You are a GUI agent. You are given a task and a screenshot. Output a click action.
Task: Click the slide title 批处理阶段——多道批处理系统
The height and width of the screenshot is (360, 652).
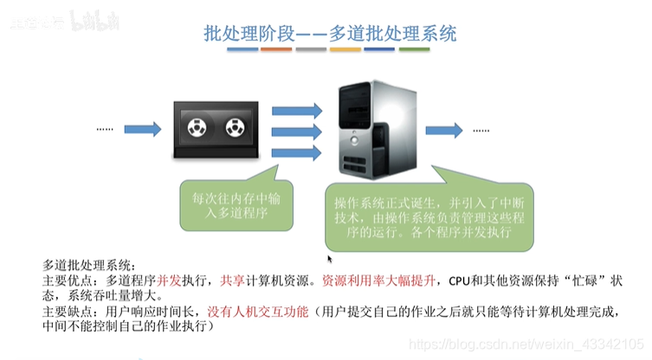pos(330,34)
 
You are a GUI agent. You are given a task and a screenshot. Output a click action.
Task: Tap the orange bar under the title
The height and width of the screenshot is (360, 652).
pos(277,49)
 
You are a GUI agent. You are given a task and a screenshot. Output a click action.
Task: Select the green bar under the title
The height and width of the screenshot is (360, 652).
pos(415,49)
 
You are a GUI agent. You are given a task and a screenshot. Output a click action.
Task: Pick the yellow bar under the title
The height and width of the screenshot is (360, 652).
pos(345,49)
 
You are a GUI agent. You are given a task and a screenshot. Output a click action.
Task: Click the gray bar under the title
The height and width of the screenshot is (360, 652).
pos(311,49)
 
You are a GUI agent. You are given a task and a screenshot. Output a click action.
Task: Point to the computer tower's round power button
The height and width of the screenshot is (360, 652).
pos(358,145)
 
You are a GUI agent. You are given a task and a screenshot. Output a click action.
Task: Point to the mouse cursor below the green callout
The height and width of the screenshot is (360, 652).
pos(329,258)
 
